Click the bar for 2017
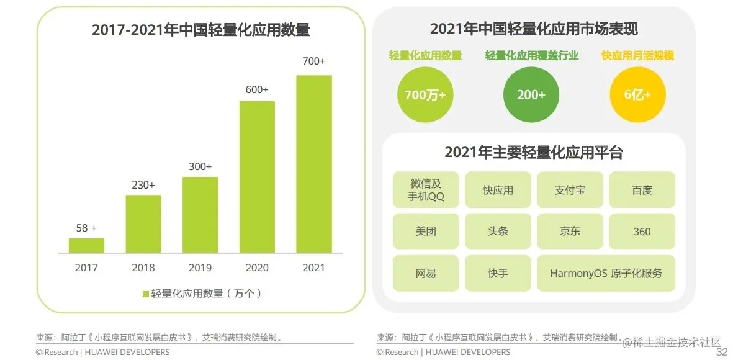(86, 246)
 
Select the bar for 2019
(200, 215)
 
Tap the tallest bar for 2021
(314, 164)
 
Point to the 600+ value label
(257, 90)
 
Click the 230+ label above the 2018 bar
(143, 185)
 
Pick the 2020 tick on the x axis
(257, 268)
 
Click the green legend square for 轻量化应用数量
(146, 294)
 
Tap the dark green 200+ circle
(531, 95)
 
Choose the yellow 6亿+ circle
(637, 95)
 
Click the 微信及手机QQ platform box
(426, 190)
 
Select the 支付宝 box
(570, 190)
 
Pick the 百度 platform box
(642, 190)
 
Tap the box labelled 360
(642, 232)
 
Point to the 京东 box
(570, 232)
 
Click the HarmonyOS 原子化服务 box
(606, 273)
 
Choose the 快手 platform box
(498, 273)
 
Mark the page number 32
(721, 352)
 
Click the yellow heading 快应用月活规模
(637, 56)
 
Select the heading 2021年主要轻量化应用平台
(534, 152)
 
